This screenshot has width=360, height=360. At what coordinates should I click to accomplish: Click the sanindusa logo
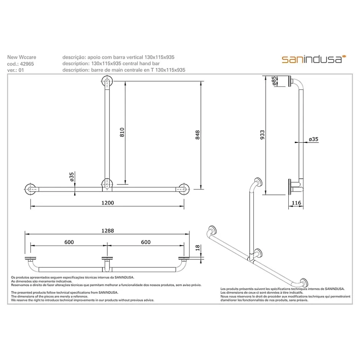[x=314, y=59]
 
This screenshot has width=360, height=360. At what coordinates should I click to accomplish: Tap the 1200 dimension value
[x=108, y=203]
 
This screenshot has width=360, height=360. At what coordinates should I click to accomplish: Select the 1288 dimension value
[x=108, y=231]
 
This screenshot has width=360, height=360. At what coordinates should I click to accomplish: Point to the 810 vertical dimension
[x=122, y=133]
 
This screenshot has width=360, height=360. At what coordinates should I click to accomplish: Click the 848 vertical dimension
[x=198, y=135]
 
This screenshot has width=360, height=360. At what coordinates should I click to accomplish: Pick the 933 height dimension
[x=262, y=135]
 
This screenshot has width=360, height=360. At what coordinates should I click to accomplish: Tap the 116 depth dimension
[x=296, y=203]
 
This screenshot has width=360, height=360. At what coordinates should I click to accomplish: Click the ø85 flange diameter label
[x=274, y=81]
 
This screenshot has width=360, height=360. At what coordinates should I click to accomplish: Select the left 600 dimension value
[x=69, y=242]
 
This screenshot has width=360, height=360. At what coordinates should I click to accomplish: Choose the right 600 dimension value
[x=146, y=242]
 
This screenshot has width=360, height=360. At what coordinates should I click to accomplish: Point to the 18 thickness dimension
[x=198, y=248]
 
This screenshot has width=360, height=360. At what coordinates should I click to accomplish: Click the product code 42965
[x=27, y=64]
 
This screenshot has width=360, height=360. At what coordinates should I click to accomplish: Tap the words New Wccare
[x=21, y=57]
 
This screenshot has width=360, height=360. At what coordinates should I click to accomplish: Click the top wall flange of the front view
[x=107, y=82]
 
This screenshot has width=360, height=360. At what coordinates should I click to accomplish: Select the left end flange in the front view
[x=30, y=190]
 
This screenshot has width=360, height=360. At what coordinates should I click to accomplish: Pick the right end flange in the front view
[x=184, y=190]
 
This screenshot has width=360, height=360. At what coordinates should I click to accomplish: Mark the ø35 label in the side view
[x=313, y=139]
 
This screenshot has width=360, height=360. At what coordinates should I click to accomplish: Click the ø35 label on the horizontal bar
[x=72, y=177]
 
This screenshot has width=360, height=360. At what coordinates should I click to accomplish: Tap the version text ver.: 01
[x=15, y=70]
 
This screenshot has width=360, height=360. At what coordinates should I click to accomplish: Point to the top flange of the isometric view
[x=259, y=182]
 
